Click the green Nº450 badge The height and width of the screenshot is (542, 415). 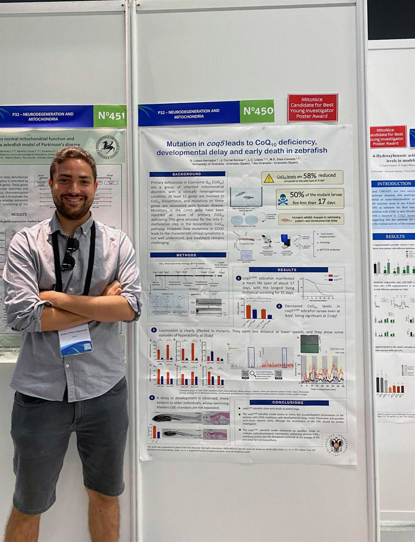pyautogui.click(x=257, y=111)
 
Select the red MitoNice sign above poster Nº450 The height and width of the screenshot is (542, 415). pyautogui.click(x=312, y=107)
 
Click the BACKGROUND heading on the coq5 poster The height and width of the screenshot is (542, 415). pyautogui.click(x=187, y=174)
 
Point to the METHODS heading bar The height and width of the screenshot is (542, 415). pyautogui.click(x=188, y=255)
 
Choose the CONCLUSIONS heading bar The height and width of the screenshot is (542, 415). pyautogui.click(x=289, y=403)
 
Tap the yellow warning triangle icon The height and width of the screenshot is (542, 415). pyautogui.click(x=269, y=178)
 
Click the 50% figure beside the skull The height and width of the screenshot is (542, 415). pyautogui.click(x=297, y=195)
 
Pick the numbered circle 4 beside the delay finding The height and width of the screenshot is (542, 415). pyautogui.click(x=152, y=398)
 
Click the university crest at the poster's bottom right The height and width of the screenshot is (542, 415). pyautogui.click(x=336, y=445)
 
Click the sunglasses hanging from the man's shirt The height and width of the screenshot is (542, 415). pyautogui.click(x=69, y=253)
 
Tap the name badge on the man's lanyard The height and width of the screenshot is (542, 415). pyautogui.click(x=75, y=339)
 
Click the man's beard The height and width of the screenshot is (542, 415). pyautogui.click(x=74, y=211)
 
